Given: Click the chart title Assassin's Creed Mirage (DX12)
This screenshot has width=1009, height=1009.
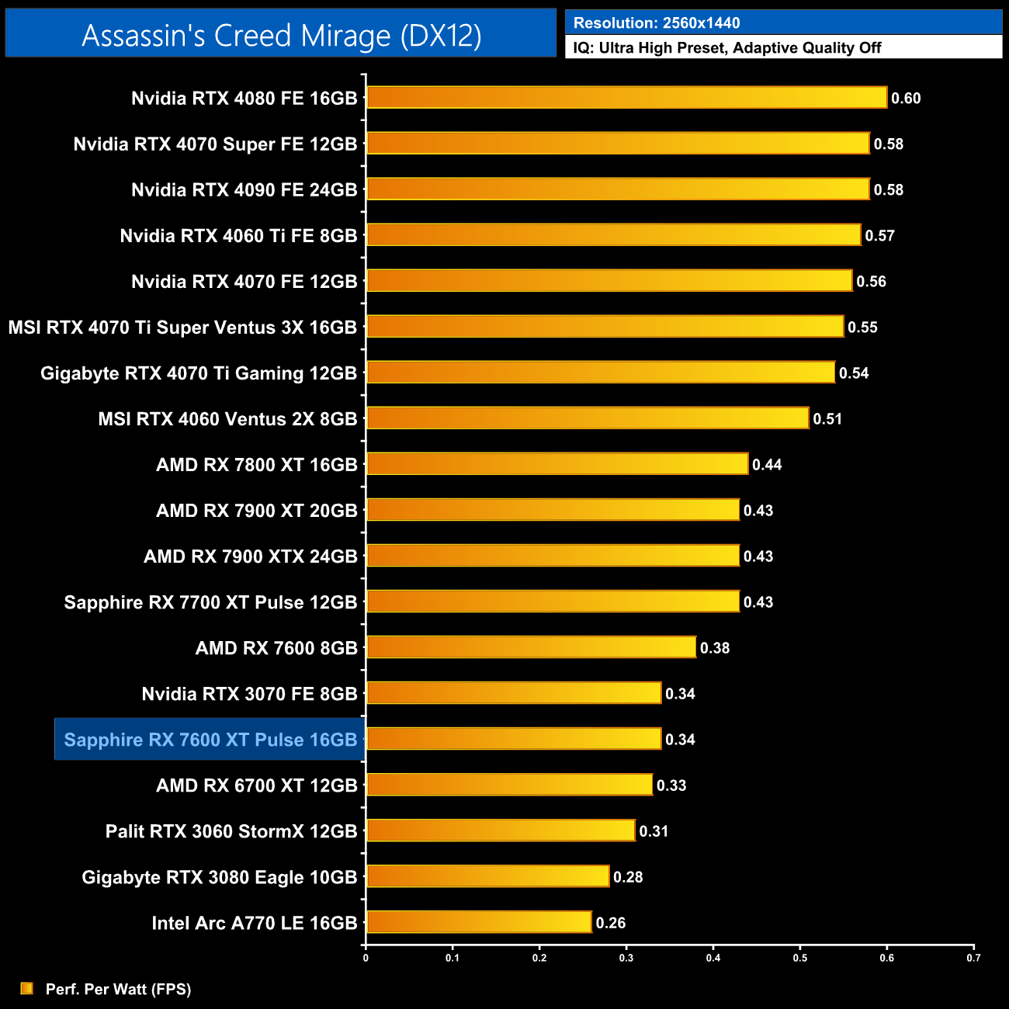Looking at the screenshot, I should [281, 36].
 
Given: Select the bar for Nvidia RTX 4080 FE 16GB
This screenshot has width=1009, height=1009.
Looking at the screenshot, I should [626, 98].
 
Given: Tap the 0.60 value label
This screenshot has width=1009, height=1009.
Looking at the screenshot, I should [906, 99].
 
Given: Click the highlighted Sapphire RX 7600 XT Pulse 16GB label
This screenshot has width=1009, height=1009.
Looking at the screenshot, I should [210, 740].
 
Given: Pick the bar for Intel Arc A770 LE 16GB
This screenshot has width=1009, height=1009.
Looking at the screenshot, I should [479, 922].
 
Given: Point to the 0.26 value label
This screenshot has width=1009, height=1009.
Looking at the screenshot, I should [611, 923].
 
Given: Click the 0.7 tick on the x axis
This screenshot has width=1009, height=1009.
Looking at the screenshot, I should [973, 958].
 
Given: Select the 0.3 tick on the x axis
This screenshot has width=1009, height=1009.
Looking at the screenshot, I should [626, 958].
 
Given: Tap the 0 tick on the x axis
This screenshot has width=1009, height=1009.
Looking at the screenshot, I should [366, 958].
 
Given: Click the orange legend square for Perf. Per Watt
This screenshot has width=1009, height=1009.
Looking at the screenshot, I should [27, 988].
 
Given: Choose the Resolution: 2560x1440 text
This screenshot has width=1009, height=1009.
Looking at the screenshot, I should [657, 23].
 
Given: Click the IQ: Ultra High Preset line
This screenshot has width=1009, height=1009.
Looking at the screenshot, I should [727, 48].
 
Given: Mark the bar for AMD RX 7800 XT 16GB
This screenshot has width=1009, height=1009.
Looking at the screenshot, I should [557, 464].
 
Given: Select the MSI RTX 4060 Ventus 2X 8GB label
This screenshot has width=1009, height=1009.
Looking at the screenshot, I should [227, 419].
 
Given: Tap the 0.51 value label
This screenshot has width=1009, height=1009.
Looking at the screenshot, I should [827, 419].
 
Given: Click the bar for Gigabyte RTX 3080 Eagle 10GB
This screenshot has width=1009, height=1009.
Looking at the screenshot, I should [487, 876].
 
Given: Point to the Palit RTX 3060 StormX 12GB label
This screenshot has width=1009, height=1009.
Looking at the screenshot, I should [231, 831].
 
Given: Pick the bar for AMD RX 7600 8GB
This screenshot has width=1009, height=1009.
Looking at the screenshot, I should [531, 647].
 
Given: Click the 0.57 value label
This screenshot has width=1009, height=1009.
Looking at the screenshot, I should [880, 236].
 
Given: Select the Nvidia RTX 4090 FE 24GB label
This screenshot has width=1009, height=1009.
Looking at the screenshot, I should [244, 190].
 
